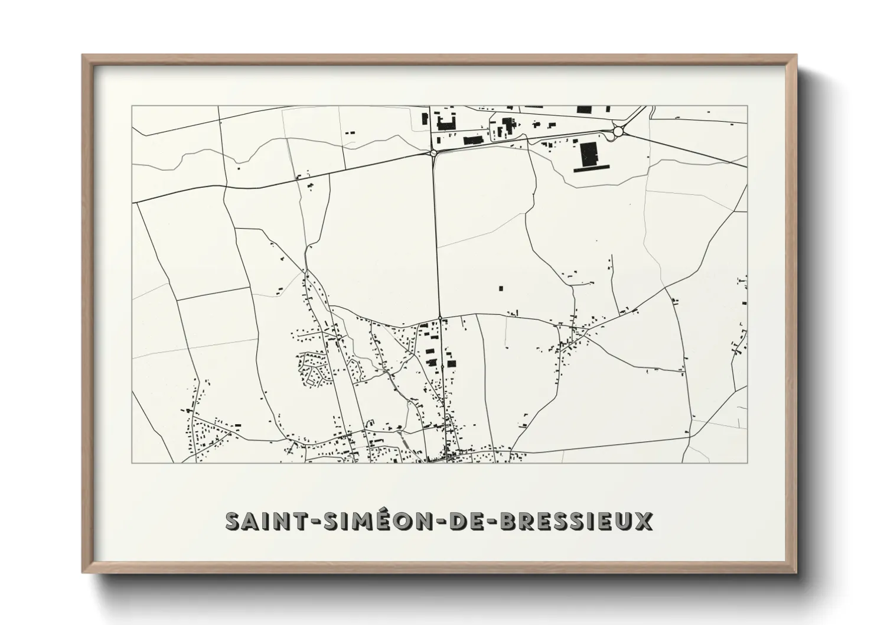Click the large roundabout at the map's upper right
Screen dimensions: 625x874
(x=619, y=131)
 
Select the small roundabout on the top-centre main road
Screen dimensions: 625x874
(x=433, y=152)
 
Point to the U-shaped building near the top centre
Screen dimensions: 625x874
(x=446, y=123)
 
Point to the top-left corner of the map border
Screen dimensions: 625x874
(x=132, y=106)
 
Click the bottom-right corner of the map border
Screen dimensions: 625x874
(x=748, y=463)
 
